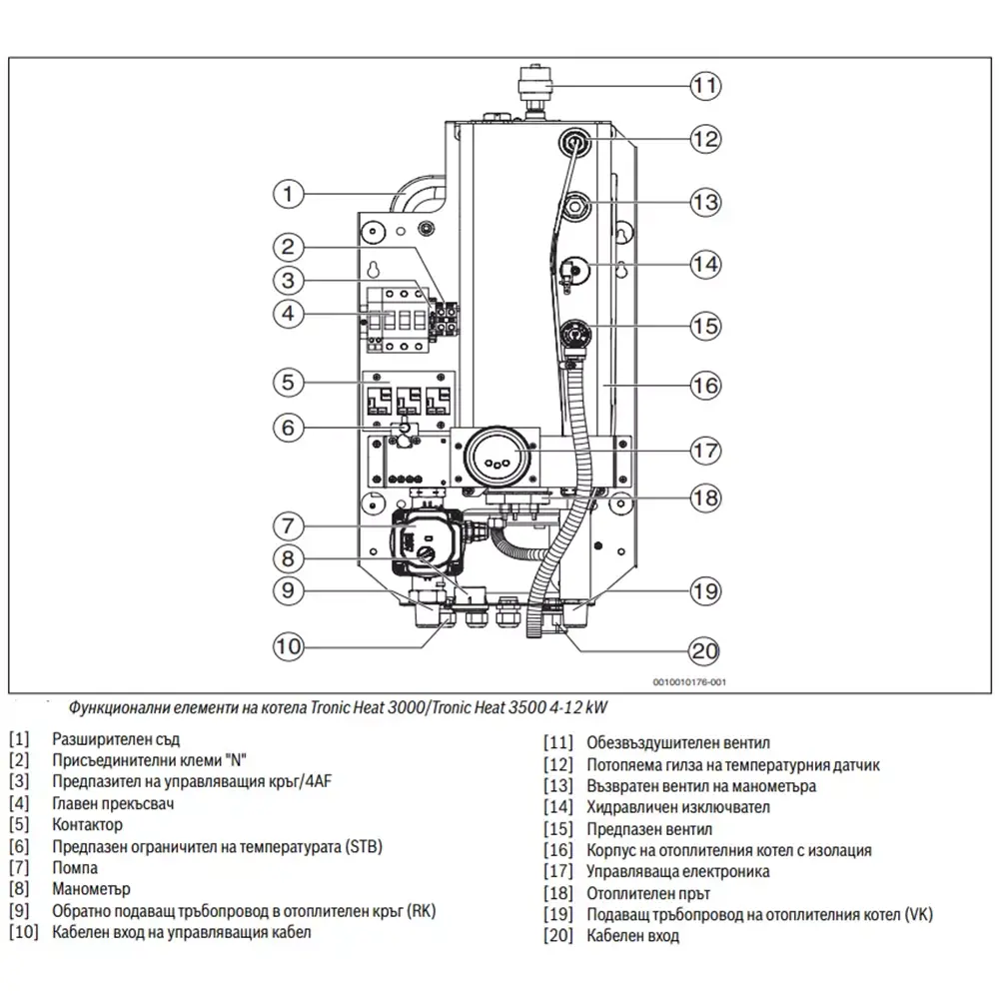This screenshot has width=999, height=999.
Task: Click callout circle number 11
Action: coord(705,85)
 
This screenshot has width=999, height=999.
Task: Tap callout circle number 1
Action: coord(288,194)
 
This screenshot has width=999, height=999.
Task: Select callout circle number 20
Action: coord(704,650)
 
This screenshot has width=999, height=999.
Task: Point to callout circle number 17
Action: coord(705,451)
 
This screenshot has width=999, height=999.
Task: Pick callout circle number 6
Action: coord(288,427)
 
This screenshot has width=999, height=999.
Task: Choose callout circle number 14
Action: coord(705,264)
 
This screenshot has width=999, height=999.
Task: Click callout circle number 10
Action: coord(288,646)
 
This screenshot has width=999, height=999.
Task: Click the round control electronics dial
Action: coord(498,458)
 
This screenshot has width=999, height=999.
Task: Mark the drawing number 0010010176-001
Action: coord(689,681)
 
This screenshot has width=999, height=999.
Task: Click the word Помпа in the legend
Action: coord(75,868)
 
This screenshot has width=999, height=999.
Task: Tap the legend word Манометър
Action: coord(91,889)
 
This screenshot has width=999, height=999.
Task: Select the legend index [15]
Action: coord(558,829)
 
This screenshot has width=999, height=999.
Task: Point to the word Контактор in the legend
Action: coord(87,824)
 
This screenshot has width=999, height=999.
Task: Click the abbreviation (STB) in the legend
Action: coord(364,847)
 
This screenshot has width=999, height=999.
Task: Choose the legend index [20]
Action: coord(558,935)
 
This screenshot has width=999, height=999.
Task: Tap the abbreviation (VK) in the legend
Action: coord(918,914)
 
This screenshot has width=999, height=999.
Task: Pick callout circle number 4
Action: coord(288,314)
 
